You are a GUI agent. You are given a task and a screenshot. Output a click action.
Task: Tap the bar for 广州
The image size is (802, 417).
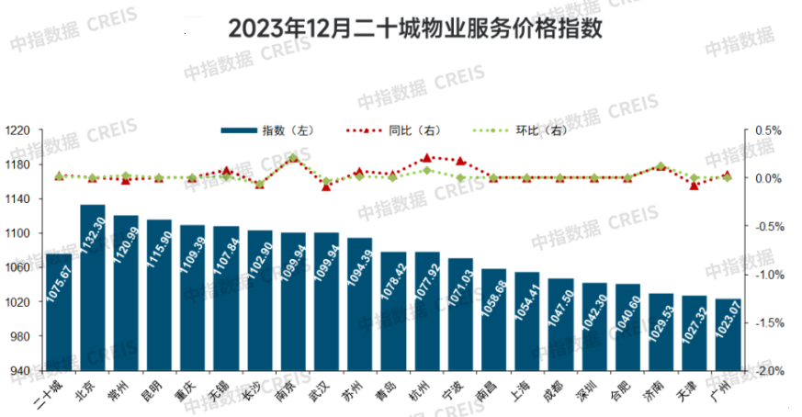point(727,334)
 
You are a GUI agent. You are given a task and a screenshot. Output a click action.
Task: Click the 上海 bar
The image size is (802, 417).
point(527,321)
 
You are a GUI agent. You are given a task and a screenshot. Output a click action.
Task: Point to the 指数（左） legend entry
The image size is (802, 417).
point(270,131)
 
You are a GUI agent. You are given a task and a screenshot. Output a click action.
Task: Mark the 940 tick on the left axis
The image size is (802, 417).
point(22,371)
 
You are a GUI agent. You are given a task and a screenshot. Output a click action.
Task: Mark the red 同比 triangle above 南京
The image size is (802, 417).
point(293,158)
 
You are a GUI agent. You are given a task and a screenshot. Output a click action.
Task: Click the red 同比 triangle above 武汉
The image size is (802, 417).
point(326,186)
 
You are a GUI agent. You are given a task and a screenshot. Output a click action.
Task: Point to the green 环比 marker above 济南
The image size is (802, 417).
point(661,166)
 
